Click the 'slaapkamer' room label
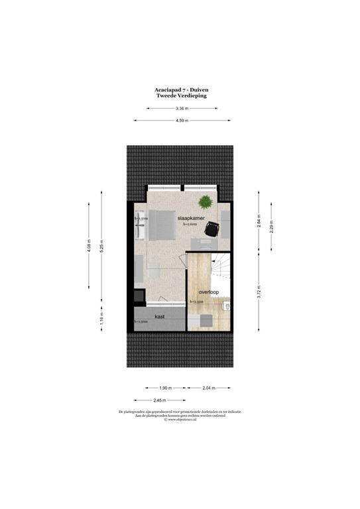coord(190,217)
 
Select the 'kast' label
coord(160,317)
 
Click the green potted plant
coord(205,201)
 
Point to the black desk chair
coord(213,229)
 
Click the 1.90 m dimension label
coord(164,388)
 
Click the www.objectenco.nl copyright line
coord(180,420)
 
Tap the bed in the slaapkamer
coord(161,226)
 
